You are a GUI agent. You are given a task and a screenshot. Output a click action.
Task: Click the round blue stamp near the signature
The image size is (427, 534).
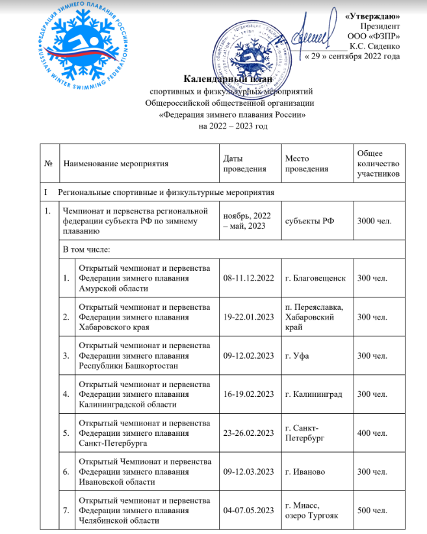point(251,46)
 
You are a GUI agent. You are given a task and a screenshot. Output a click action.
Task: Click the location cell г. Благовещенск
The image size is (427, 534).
point(315,279)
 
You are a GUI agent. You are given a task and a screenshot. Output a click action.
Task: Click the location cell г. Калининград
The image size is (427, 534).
point(314,394)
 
